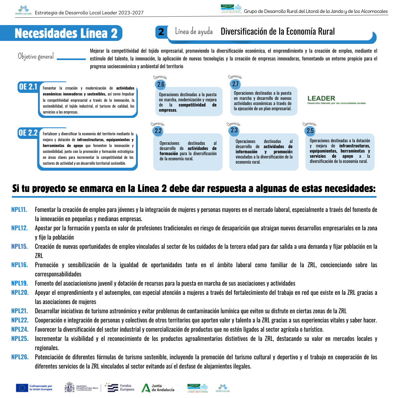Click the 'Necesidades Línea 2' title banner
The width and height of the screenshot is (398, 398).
pos(66,34)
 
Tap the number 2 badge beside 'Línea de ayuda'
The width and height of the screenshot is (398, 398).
pos(161,32)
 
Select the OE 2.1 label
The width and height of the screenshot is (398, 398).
pos(28,87)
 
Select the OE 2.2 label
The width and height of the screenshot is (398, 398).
pos(28,133)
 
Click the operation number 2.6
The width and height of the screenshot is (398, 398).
pos(161,84)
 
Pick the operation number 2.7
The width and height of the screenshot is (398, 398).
pos(235,84)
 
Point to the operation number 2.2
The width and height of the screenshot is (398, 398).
pos(158,131)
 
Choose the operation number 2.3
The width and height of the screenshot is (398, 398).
pos(234,130)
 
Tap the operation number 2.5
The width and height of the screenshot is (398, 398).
pos(310,131)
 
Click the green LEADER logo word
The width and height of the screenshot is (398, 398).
pos(321,98)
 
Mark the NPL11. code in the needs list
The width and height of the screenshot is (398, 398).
pos(19,210)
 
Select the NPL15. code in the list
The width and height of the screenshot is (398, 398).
pos(20,247)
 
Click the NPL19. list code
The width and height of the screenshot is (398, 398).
pos(20,283)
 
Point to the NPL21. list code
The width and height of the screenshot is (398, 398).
pos(20,311)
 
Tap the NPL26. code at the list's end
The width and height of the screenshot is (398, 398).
pos(20,357)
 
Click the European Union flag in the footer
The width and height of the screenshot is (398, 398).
pos(22,388)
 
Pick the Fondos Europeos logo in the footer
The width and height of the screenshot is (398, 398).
pos(120,387)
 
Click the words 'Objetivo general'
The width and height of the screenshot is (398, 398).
pos(36,56)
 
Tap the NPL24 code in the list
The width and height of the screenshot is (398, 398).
pos(20,329)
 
